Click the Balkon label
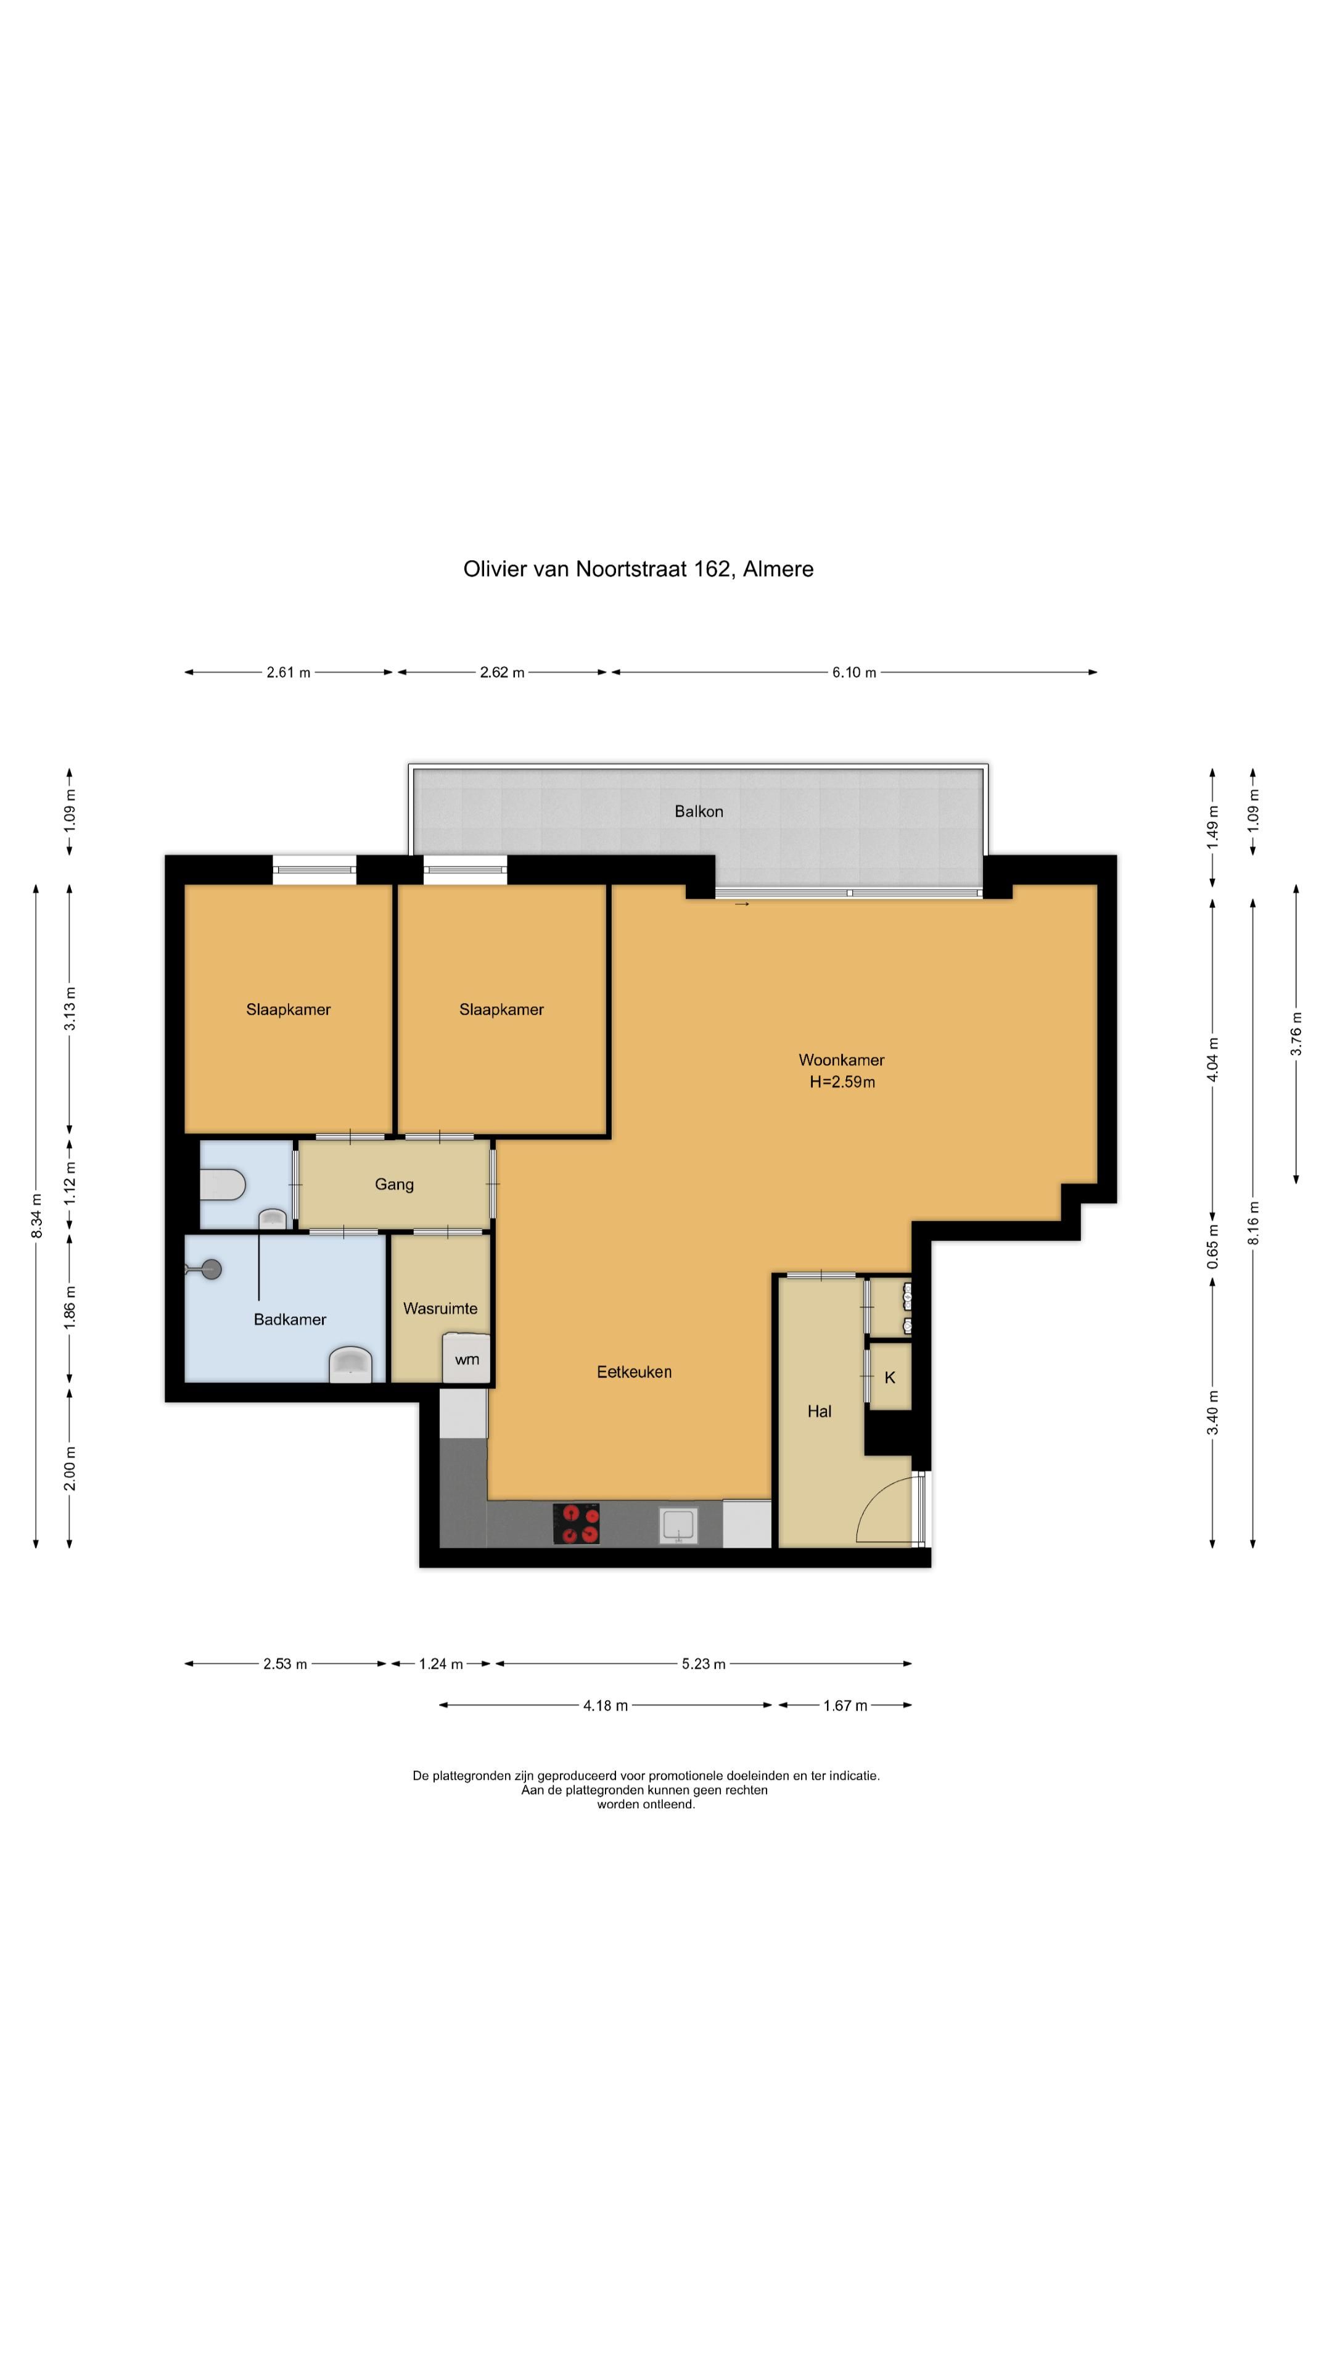point(699,811)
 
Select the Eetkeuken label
point(635,1371)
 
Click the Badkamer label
point(290,1320)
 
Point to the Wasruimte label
point(440,1308)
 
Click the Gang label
point(395,1184)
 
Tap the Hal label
point(819,1411)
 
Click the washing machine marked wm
point(466,1358)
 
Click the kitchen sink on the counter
point(678,1525)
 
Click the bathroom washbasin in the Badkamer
point(351,1365)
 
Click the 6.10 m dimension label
point(854,672)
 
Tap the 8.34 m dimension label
point(37,1216)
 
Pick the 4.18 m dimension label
point(606,1706)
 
